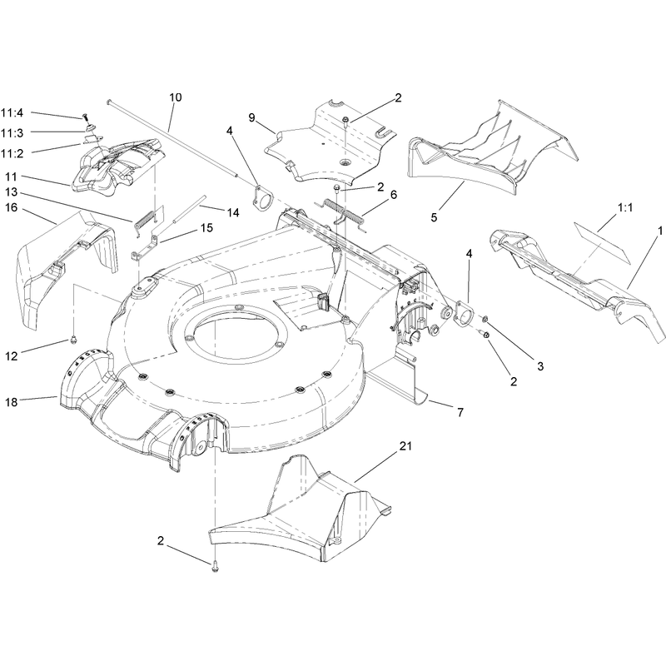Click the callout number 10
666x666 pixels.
pos(175,97)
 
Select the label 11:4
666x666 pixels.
pos(12,113)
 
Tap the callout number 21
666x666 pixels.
pos(405,446)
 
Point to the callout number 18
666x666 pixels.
pos(12,402)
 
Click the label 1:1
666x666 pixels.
pos(625,207)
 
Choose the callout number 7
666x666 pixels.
pos(460,412)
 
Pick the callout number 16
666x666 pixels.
pos(12,207)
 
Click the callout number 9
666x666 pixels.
pos(252,117)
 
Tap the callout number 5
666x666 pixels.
pos(434,217)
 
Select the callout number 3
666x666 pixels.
pos(540,366)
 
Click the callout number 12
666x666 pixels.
pos(12,356)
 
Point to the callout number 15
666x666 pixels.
pos(206,228)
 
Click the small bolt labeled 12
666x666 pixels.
pos(74,339)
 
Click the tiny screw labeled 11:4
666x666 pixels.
pos(85,116)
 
